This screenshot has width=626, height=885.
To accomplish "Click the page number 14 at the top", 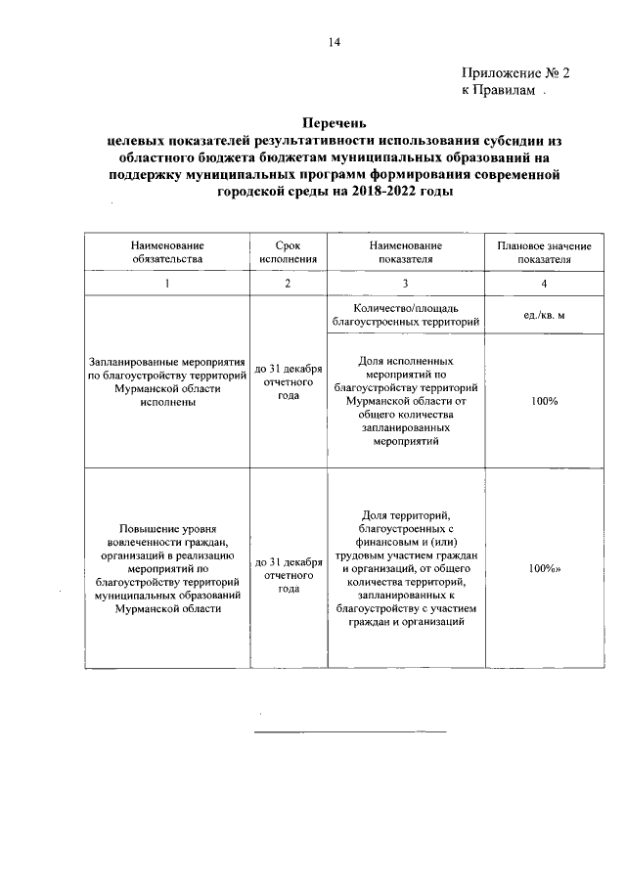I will [334, 41].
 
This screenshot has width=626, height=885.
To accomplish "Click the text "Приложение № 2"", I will [514, 72].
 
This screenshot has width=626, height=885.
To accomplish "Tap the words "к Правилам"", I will [499, 90].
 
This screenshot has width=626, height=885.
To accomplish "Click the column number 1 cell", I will [167, 284].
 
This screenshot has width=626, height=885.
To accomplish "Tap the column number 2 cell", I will [288, 284].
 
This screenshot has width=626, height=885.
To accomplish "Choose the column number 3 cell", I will [405, 284].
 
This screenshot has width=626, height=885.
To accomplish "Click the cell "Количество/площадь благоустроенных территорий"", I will [405, 314].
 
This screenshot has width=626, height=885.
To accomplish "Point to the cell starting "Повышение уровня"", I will [167, 566].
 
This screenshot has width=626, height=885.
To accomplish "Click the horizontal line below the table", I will [349, 730].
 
